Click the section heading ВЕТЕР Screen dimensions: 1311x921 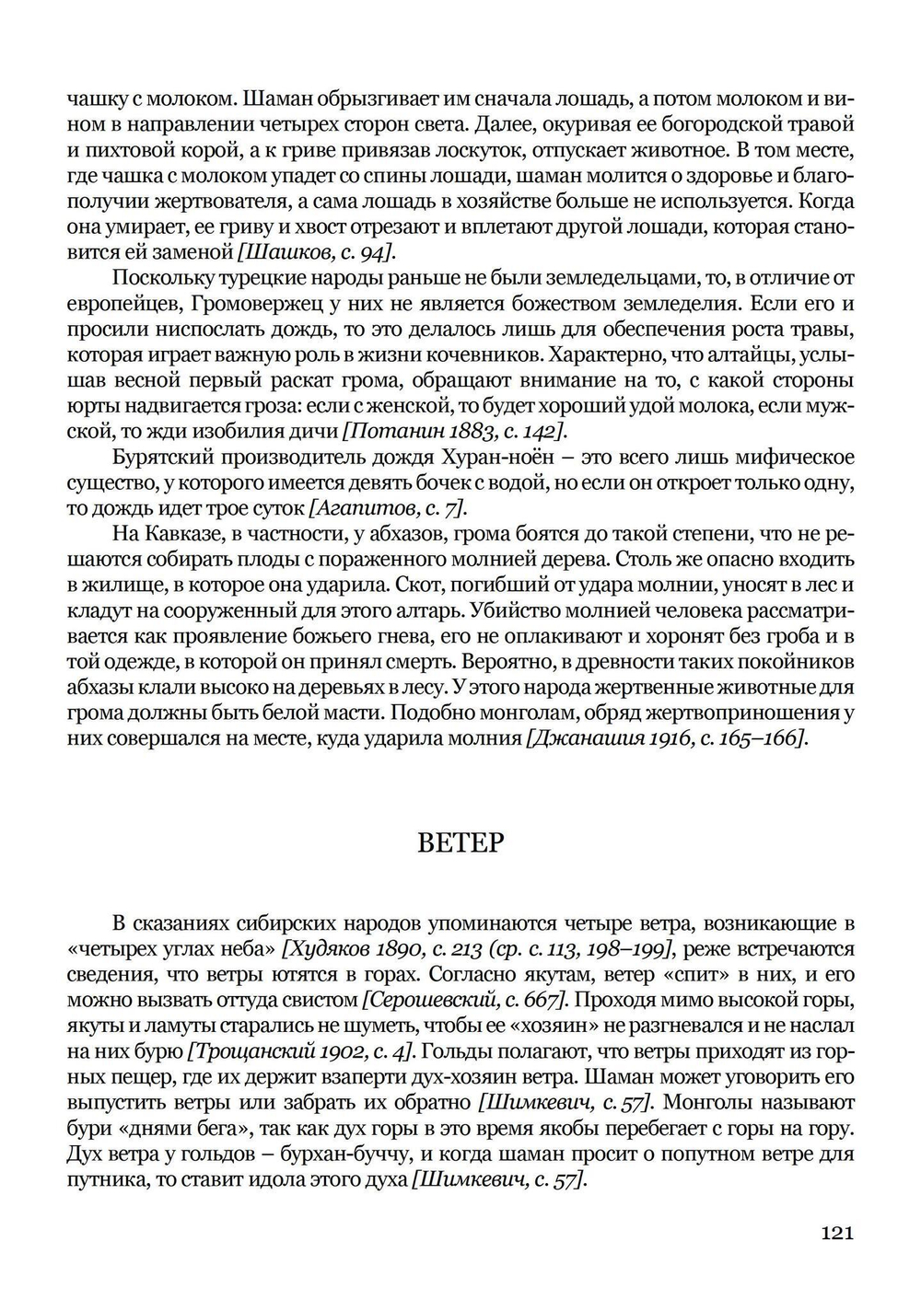pyautogui.click(x=460, y=842)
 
